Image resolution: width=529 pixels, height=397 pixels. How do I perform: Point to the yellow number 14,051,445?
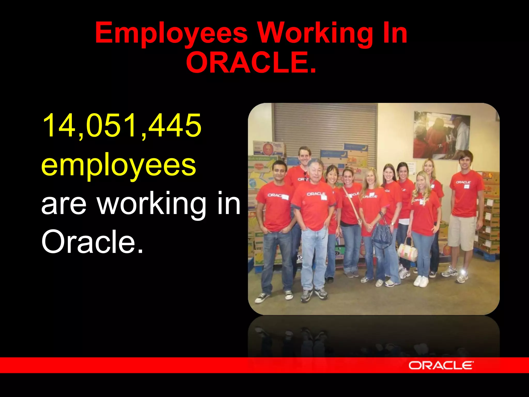click(x=121, y=126)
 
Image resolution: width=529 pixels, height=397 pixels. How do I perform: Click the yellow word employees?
click(x=119, y=165)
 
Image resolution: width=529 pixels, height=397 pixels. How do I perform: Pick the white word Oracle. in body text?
click(x=92, y=242)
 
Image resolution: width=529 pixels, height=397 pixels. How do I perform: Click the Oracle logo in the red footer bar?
click(x=441, y=365)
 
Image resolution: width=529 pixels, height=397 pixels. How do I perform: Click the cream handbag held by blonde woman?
click(x=407, y=250)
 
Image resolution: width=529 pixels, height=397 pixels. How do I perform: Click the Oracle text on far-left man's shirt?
click(x=274, y=195)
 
